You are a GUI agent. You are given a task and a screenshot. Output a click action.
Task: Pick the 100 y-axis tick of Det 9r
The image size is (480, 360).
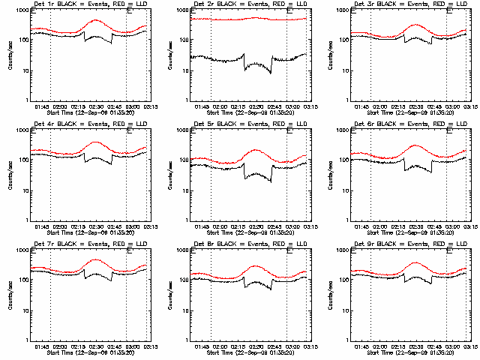click(342, 280)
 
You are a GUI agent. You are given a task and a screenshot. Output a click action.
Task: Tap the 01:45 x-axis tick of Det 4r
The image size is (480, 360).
click(42, 226)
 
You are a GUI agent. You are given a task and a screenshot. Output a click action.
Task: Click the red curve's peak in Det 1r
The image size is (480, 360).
click(95, 20)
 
